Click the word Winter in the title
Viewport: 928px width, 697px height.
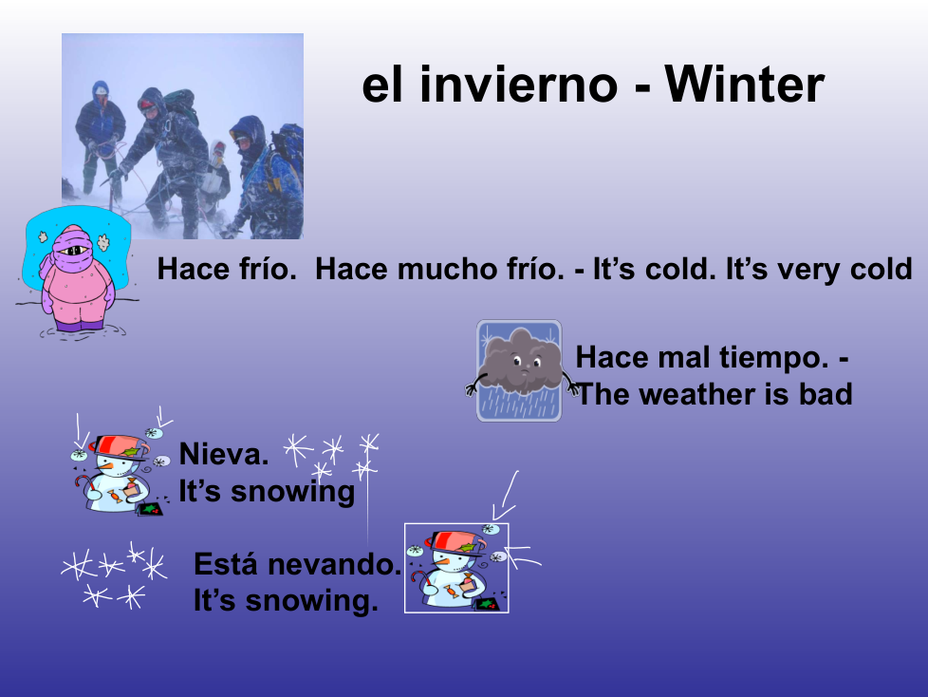click(x=744, y=85)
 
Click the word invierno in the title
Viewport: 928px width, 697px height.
click(x=518, y=85)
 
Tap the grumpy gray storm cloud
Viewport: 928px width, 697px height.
click(x=520, y=363)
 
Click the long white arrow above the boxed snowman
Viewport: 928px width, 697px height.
click(x=506, y=497)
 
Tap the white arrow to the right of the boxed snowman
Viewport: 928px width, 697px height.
click(x=523, y=556)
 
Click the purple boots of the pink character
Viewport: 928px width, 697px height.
click(x=78, y=325)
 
